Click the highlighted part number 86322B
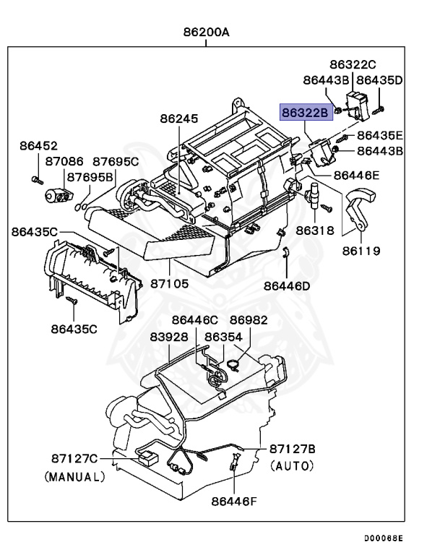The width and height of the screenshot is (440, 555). [306, 113]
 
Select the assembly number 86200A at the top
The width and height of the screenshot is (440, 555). [205, 33]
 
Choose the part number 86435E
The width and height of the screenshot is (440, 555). [380, 135]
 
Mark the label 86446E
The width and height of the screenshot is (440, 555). [356, 175]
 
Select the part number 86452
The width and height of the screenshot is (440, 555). [38, 146]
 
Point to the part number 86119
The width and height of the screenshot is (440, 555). [362, 251]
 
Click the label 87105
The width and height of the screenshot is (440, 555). [170, 284]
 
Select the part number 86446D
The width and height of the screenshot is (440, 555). [287, 285]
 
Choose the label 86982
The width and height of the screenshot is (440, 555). [249, 320]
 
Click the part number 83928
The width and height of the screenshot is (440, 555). [169, 337]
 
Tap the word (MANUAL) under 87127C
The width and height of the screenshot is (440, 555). [74, 477]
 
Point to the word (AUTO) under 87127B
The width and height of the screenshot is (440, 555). [292, 467]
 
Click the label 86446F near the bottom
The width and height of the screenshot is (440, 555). [235, 499]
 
